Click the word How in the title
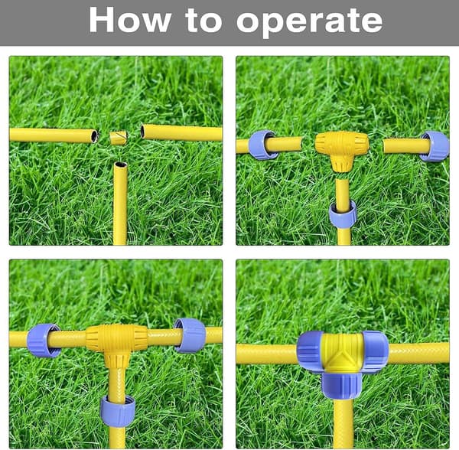(x=130, y=20)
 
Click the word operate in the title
(x=309, y=22)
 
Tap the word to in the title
(x=203, y=21)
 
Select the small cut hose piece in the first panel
(x=119, y=138)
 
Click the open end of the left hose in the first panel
(x=94, y=136)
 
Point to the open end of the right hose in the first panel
(x=142, y=132)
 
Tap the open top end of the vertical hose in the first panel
(x=121, y=165)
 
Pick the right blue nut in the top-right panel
(x=435, y=146)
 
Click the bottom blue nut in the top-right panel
(x=343, y=215)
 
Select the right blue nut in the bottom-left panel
(x=190, y=335)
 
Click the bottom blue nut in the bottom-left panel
(x=118, y=411)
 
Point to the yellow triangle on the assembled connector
(x=343, y=361)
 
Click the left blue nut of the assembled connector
(x=311, y=352)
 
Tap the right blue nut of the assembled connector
(x=376, y=352)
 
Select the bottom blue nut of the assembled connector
(x=343, y=386)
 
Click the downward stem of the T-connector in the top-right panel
(x=342, y=163)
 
